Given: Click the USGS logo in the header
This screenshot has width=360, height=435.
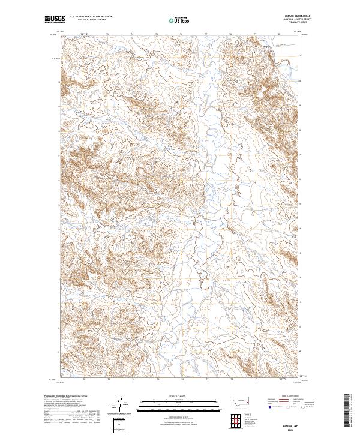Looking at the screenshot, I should [55, 20].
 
